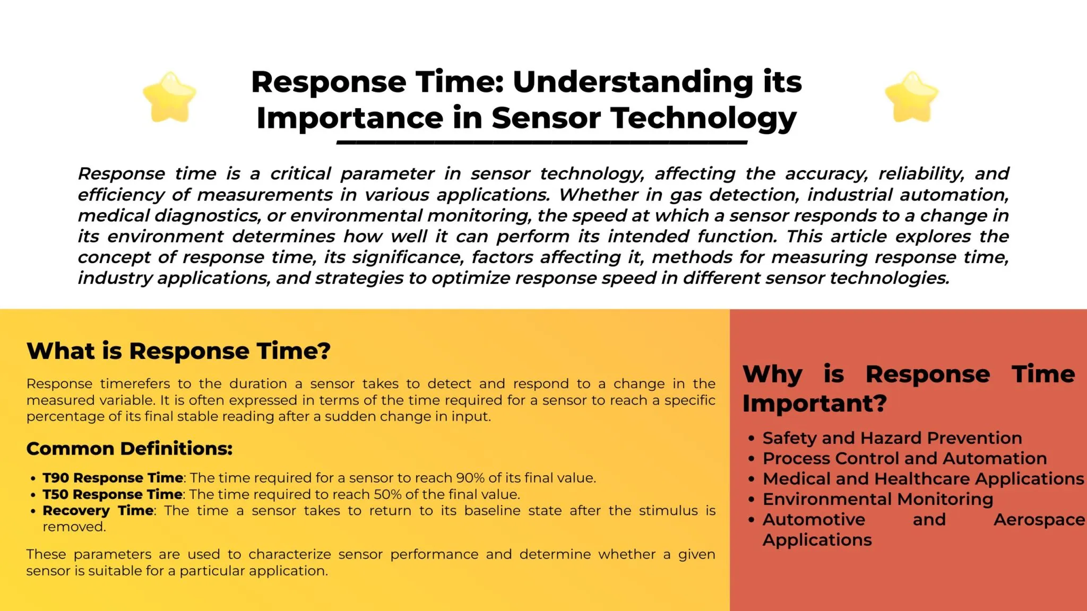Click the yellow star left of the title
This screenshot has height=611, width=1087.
point(170,97)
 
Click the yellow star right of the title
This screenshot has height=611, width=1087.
point(911,97)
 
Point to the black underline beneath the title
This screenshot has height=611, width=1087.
point(542,142)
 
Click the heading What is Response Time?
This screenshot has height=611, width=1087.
point(178,351)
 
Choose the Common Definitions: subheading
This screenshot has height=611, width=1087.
point(130,449)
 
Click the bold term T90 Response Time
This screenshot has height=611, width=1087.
point(113,478)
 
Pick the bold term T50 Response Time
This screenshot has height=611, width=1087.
point(113,494)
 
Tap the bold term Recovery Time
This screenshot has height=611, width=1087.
point(98,511)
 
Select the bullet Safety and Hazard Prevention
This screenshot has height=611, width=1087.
point(892,438)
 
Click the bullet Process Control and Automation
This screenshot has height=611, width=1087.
point(904,458)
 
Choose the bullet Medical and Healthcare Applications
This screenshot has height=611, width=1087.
point(923,479)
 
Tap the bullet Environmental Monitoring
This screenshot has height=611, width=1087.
point(878,499)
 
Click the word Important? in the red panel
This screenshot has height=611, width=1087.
point(814,404)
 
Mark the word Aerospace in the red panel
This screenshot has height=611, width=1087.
point(1039,520)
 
